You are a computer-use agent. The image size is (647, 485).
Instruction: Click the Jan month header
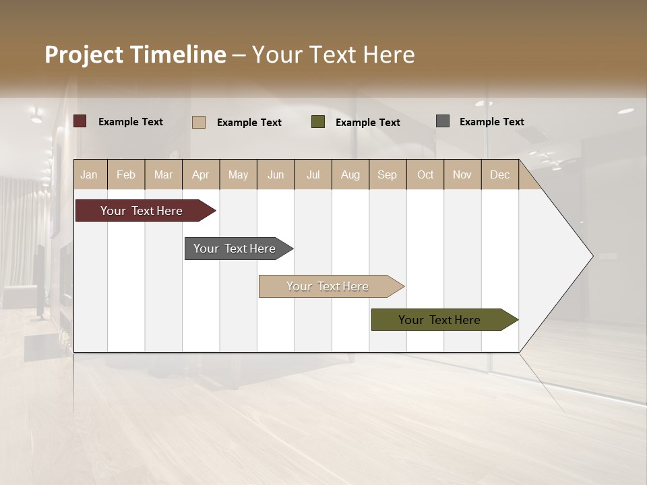pyautogui.click(x=89, y=174)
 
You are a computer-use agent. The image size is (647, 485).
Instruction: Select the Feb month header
pyautogui.click(x=126, y=174)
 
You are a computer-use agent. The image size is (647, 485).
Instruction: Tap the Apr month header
pyautogui.click(x=200, y=174)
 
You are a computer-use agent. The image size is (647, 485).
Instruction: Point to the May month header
pyautogui.click(x=238, y=174)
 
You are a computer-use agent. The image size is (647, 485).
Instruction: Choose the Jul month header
pyautogui.click(x=313, y=174)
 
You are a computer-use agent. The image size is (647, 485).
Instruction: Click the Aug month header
pyautogui.click(x=350, y=174)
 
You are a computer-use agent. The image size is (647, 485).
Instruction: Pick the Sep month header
pyautogui.click(x=387, y=174)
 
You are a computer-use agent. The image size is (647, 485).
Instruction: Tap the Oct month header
pyautogui.click(x=425, y=174)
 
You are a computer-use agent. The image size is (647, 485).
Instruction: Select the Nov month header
pyautogui.click(x=462, y=174)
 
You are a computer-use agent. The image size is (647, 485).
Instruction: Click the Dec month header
pyautogui.click(x=499, y=174)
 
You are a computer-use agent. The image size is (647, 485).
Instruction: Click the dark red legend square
pyautogui.click(x=80, y=121)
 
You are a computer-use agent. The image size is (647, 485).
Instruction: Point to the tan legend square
pyautogui.click(x=199, y=122)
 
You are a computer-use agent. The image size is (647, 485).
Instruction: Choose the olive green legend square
pyautogui.click(x=318, y=122)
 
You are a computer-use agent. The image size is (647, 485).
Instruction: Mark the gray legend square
pyautogui.click(x=443, y=121)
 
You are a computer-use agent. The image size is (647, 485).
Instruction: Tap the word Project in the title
pyautogui.click(x=83, y=55)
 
